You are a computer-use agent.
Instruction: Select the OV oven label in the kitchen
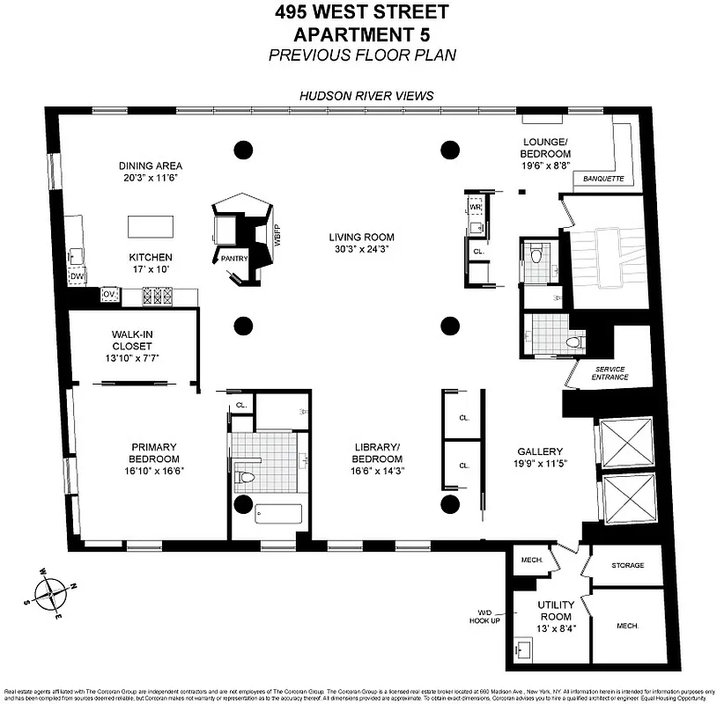pyautogui.click(x=110, y=293)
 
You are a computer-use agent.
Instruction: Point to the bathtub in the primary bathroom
pyautogui.click(x=278, y=513)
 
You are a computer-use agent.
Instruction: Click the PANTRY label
pyautogui.click(x=234, y=258)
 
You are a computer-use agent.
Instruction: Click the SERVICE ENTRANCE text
pyautogui.click(x=611, y=373)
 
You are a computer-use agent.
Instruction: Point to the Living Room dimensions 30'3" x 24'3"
pyautogui.click(x=361, y=249)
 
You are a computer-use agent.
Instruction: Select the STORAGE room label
pyautogui.click(x=627, y=566)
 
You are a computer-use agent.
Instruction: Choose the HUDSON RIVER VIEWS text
pyautogui.click(x=366, y=96)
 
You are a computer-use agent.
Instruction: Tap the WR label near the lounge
pyautogui.click(x=475, y=207)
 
